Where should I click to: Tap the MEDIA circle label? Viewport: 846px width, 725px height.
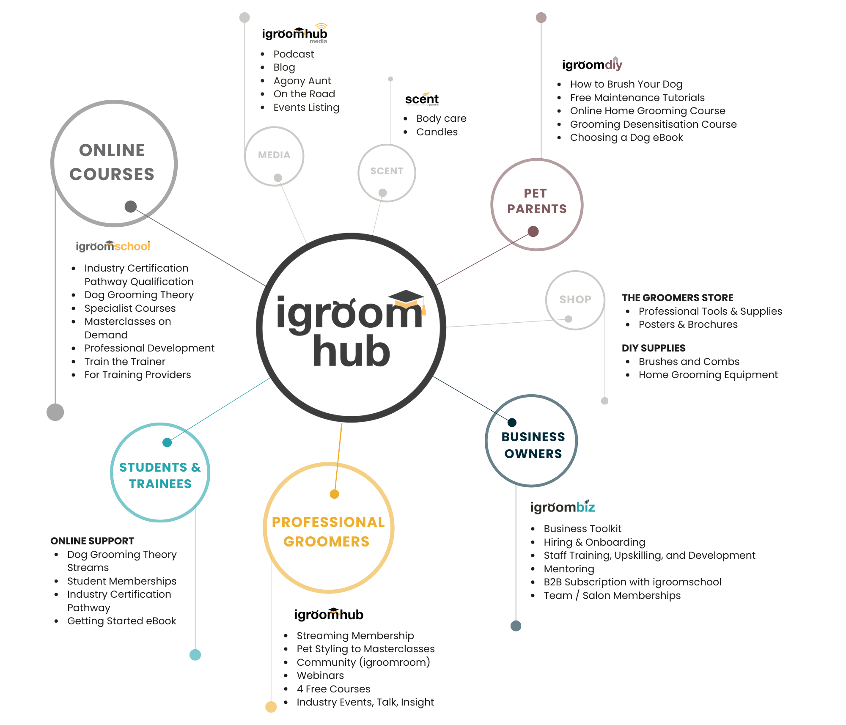(x=274, y=155)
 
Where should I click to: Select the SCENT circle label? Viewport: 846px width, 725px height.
(x=387, y=171)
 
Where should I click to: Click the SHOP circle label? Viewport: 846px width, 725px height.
(x=575, y=299)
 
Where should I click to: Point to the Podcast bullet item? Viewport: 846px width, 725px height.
(x=294, y=54)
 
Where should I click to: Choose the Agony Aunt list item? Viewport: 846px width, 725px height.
(x=302, y=81)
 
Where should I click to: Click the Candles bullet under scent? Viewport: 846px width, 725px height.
(x=437, y=132)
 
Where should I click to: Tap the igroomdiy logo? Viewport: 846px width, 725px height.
(x=592, y=65)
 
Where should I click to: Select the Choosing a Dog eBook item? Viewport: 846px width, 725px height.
(x=626, y=137)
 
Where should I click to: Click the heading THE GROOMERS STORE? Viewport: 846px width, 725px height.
(x=677, y=298)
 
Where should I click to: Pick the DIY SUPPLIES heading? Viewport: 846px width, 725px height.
(x=653, y=348)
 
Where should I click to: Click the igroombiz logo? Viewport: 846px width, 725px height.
(x=562, y=507)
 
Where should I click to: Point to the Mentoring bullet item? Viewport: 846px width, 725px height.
(x=569, y=569)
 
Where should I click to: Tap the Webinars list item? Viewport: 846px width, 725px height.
(x=320, y=676)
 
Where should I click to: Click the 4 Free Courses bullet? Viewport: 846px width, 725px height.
(x=333, y=689)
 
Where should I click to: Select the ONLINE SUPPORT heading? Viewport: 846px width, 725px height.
(x=92, y=541)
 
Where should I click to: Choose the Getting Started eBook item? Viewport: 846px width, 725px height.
(x=121, y=621)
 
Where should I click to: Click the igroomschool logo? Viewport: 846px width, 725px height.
(x=113, y=246)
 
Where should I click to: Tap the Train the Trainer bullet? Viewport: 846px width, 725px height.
(x=125, y=362)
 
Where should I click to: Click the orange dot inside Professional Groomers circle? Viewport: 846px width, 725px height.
(x=334, y=494)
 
